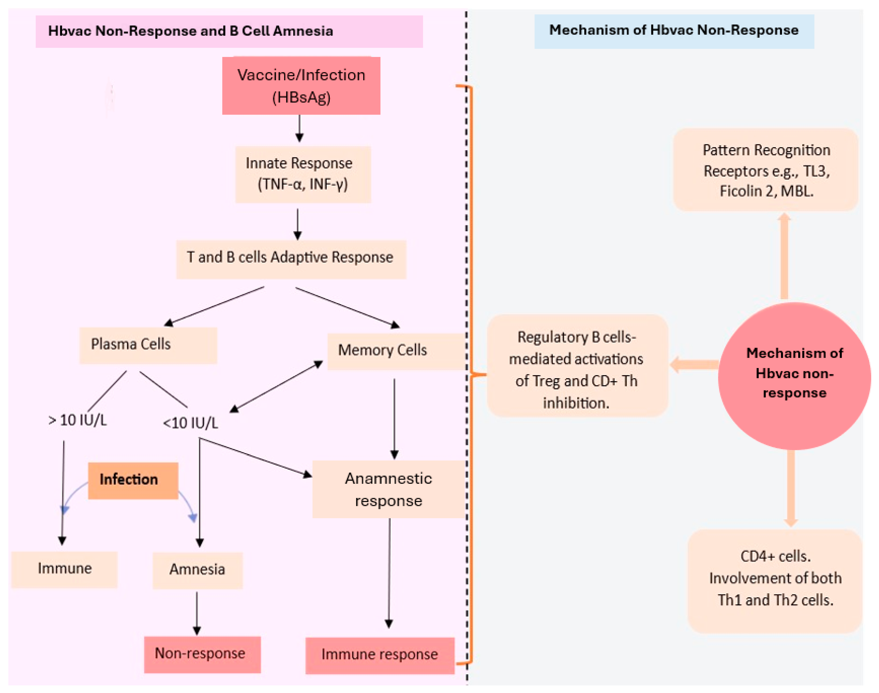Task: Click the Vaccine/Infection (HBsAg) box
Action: click(301, 86)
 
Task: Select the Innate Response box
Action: click(303, 174)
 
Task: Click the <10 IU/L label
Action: click(190, 423)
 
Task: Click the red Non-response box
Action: click(202, 654)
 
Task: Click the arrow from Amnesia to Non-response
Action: click(197, 613)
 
